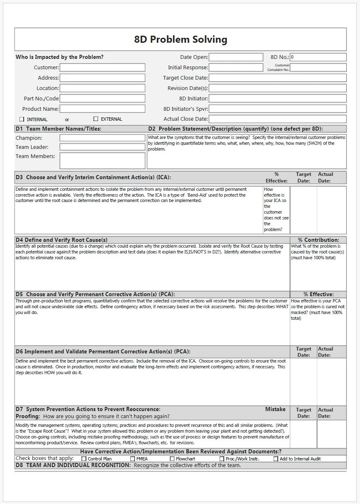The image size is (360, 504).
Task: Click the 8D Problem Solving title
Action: (181, 40)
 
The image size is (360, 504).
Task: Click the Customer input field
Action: (103, 68)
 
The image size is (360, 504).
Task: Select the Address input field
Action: (103, 78)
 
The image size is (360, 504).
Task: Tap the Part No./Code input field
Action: (103, 99)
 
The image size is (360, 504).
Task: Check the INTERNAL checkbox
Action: (22, 119)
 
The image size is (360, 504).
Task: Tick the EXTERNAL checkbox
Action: (96, 119)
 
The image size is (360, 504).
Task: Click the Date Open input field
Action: (236, 57)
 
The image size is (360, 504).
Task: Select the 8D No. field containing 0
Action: (318, 57)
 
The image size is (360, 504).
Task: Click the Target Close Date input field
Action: (277, 78)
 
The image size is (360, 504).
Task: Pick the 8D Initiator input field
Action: (277, 99)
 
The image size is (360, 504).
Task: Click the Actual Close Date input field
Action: (277, 119)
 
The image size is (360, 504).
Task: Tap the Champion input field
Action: (103, 138)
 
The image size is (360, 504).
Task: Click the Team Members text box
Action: (103, 161)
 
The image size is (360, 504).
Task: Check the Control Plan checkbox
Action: (84, 459)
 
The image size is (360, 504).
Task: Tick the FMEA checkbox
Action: (132, 459)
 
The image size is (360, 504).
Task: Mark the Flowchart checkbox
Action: (172, 459)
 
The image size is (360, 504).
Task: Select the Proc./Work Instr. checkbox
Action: (222, 459)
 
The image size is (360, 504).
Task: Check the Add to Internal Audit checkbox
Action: (276, 459)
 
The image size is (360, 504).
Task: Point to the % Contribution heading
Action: (318, 240)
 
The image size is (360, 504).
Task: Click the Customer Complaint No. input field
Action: (318, 68)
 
